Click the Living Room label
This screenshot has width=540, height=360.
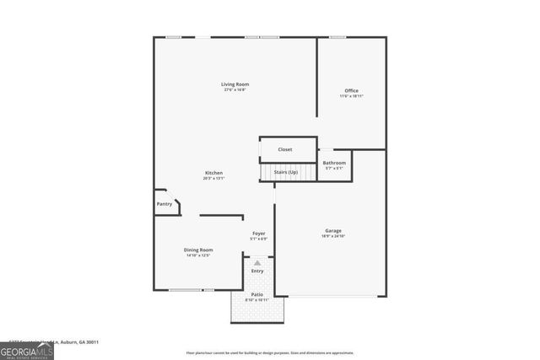pyautogui.click(x=235, y=84)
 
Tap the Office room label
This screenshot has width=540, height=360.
pyautogui.click(x=351, y=91)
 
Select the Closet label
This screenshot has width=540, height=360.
pyautogui.click(x=285, y=149)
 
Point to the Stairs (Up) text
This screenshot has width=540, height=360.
pyautogui.click(x=285, y=172)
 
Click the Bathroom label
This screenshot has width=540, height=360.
pyautogui.click(x=334, y=163)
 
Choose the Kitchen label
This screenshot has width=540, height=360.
pyautogui.click(x=213, y=173)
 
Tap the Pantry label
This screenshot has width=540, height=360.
pyautogui.click(x=165, y=203)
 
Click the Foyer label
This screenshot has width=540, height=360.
pyautogui.click(x=259, y=234)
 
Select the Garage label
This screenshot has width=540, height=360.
pyautogui.click(x=333, y=230)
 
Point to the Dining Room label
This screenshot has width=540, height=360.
pyautogui.click(x=198, y=250)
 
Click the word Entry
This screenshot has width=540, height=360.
pyautogui.click(x=257, y=271)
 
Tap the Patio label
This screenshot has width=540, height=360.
pyautogui.click(x=256, y=294)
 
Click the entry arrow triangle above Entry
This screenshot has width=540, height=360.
pyautogui.click(x=257, y=262)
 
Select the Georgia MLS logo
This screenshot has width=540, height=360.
pyautogui.click(x=27, y=348)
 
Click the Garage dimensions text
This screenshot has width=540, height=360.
pyautogui.click(x=333, y=236)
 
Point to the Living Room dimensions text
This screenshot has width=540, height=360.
pyautogui.click(x=235, y=90)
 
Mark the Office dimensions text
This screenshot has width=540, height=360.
pyautogui.click(x=351, y=97)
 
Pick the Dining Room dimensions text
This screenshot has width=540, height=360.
pyautogui.click(x=198, y=255)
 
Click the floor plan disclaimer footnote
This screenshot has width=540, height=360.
pyautogui.click(x=270, y=353)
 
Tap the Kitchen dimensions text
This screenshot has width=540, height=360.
pyautogui.click(x=213, y=179)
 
